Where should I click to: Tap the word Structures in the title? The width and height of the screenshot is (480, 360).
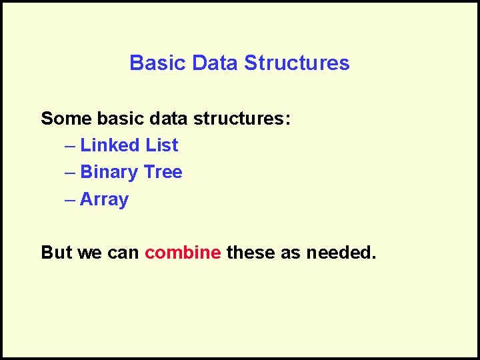tap(297, 63)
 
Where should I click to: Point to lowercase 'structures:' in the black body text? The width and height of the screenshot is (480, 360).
tap(242, 119)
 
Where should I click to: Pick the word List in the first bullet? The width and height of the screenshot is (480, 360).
tap(162, 145)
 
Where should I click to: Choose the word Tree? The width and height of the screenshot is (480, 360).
tap(163, 172)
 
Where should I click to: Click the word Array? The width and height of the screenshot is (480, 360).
tap(104, 199)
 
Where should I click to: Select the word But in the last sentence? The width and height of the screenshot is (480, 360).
tap(56, 253)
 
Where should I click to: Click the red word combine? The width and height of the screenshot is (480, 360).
tap(183, 253)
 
